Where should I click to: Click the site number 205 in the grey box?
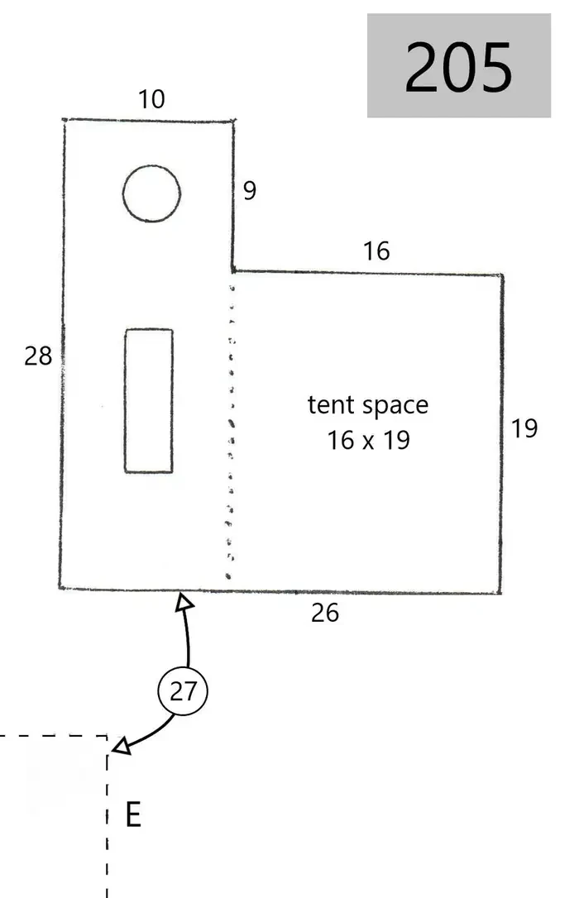pyautogui.click(x=458, y=66)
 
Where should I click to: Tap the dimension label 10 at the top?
pyautogui.click(x=151, y=99)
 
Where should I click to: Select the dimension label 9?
pyautogui.click(x=249, y=190)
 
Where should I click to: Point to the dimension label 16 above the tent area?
pyautogui.click(x=376, y=251)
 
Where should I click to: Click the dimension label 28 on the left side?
pyautogui.click(x=38, y=356)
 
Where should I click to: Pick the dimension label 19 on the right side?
pyautogui.click(x=524, y=428)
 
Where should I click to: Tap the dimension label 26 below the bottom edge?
pyautogui.click(x=325, y=613)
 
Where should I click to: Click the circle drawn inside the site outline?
pyautogui.click(x=151, y=166)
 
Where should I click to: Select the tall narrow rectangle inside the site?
pyautogui.click(x=126, y=401)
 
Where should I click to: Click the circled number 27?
pyautogui.click(x=183, y=690)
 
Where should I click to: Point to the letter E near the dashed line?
pyautogui.click(x=133, y=814)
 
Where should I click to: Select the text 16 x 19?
pyautogui.click(x=368, y=441)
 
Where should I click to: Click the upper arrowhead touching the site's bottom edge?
pyautogui.click(x=184, y=601)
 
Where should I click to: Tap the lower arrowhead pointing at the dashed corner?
pyautogui.click(x=122, y=746)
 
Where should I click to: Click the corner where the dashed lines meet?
pyautogui.click(x=107, y=736)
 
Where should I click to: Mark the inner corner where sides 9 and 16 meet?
pyautogui.click(x=233, y=271)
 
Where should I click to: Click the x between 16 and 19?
pyautogui.click(x=368, y=442)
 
